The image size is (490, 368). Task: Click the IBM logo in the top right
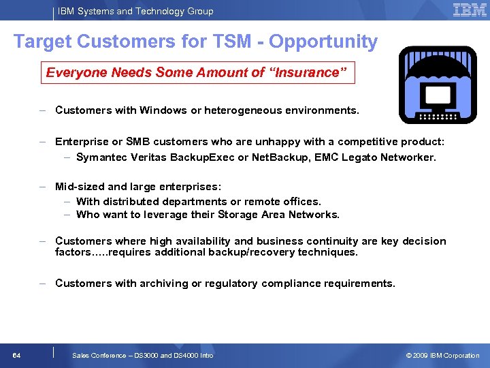point(469,10)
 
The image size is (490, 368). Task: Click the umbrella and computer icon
point(438,85)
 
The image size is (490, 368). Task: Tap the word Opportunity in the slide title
point(323,42)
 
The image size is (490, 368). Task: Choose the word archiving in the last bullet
point(161,283)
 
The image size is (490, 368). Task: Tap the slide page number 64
point(16,355)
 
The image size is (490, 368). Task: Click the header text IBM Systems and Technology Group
point(135,11)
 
